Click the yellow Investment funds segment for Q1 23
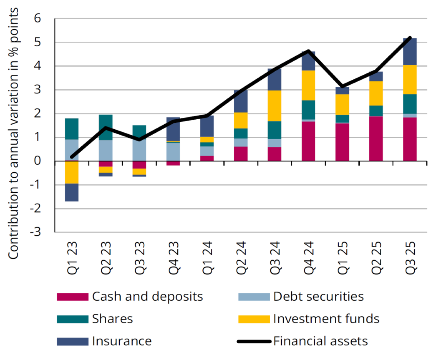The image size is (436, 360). [x=72, y=172]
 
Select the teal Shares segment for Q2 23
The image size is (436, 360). [x=105, y=127]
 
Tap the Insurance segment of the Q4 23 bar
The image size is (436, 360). [x=173, y=129]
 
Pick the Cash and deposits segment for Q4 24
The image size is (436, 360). [x=308, y=141]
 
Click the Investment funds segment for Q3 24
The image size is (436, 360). [x=274, y=106]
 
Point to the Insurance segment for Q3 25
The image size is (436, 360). [x=410, y=52]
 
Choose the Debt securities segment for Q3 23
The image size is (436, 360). [x=139, y=150]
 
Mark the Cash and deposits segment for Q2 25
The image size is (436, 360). [x=376, y=139]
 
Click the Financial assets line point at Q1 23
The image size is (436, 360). [x=72, y=157]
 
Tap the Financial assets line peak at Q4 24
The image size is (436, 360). [x=308, y=51]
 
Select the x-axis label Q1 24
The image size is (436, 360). [x=207, y=257]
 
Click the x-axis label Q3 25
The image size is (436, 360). [x=410, y=257]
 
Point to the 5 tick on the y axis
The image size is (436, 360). [x=37, y=42]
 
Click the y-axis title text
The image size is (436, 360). [x=13, y=134]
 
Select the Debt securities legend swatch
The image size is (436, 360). [x=254, y=297]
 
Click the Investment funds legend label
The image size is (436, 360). [x=326, y=319]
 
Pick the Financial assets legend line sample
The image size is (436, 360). [x=254, y=341]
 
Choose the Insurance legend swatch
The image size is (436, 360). [x=72, y=341]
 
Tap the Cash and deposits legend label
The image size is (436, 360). [x=147, y=297]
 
